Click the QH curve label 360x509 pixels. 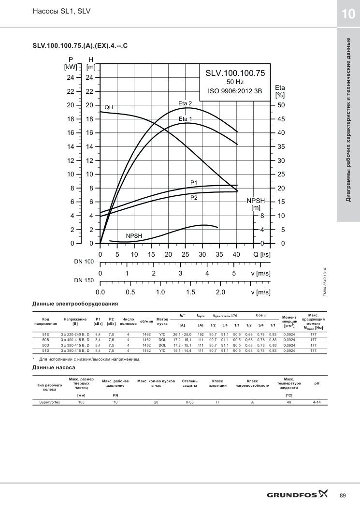click(109, 107)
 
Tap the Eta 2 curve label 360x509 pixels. click(185, 103)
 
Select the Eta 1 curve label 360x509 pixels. click(186, 119)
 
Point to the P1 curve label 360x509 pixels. click(194, 183)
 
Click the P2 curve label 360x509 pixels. click(194, 198)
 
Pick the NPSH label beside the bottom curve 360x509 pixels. click(134, 236)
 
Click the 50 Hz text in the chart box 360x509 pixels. click(235, 82)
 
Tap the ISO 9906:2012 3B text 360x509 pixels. click(235, 91)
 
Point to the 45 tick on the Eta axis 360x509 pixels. click(281, 119)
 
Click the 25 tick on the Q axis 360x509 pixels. click(186, 255)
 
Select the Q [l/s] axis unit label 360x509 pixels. click(261, 255)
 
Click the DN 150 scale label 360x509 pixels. click(84, 280)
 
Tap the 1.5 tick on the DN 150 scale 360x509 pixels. click(190, 292)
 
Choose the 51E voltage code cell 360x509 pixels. click(46, 334)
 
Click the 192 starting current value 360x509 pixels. click(201, 334)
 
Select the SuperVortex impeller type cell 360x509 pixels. click(50, 402)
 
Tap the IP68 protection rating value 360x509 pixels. click(189, 402)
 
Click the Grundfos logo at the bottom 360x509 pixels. click(297, 494)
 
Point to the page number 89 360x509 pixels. click(343, 495)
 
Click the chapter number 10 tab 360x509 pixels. click(348, 14)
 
